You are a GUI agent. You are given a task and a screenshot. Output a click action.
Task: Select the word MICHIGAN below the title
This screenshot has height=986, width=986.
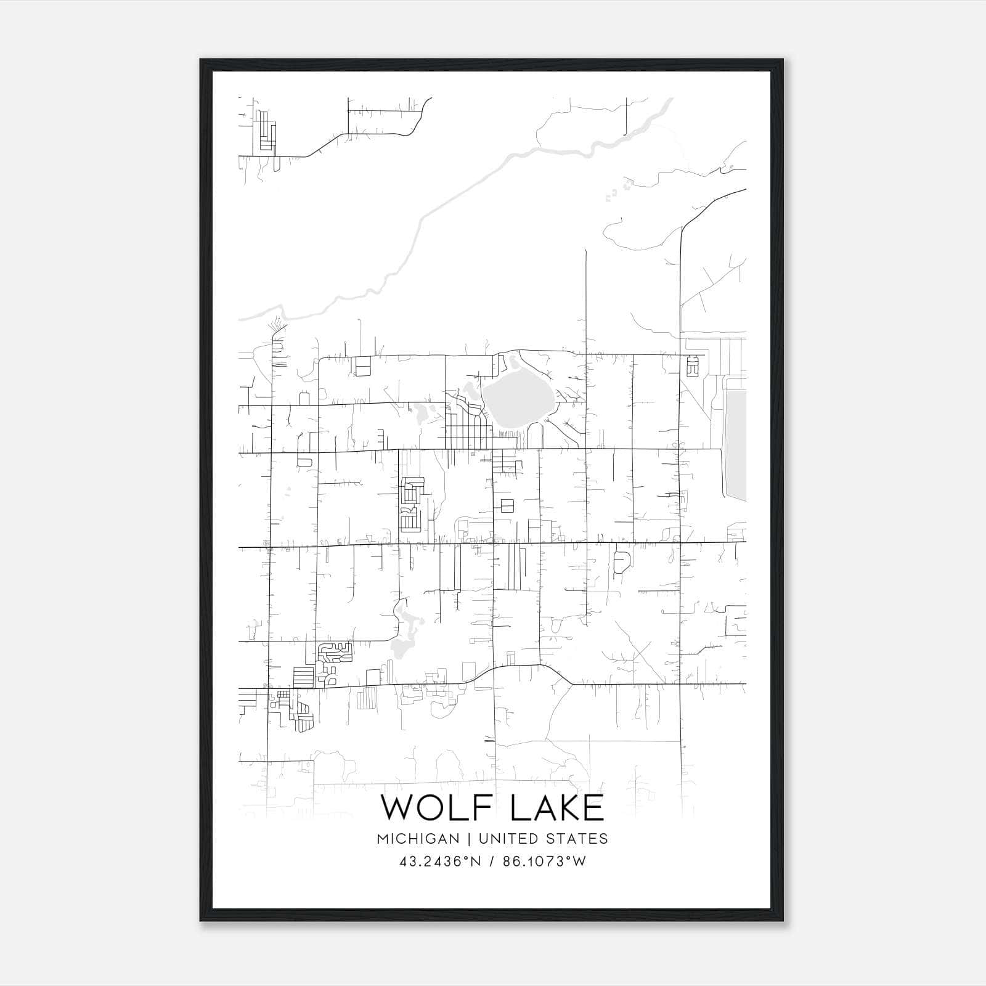pos(419,839)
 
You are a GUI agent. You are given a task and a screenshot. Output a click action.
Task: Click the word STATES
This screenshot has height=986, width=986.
pos(576,839)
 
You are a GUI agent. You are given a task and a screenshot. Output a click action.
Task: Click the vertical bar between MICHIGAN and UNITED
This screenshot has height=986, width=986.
pos(469,839)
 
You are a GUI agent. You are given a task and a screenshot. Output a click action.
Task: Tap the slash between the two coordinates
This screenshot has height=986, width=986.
pos(491,862)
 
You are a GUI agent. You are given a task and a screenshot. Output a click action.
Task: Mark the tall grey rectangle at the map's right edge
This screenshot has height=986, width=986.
pos(736,446)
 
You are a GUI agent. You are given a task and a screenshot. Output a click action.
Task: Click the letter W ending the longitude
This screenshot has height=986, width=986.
pos(579,862)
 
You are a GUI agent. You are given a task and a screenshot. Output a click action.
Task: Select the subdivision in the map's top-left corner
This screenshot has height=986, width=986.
pos(265,130)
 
